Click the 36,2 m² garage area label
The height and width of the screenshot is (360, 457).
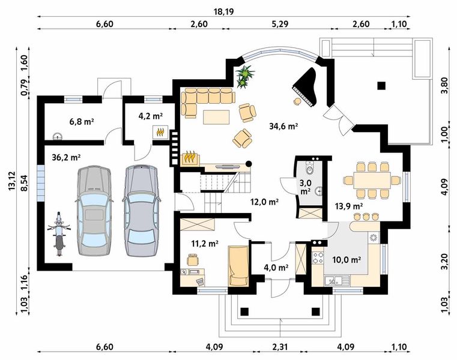coord(66,158)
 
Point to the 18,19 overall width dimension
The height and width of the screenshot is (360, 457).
coord(223,11)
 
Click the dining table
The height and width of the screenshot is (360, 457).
coord(372,181)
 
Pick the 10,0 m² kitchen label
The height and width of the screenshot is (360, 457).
coord(347,260)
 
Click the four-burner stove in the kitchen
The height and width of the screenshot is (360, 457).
coord(318,257)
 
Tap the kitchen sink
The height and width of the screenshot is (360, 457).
coord(334,281)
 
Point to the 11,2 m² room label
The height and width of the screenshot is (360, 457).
coord(205,243)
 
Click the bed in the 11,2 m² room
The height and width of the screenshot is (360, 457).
coord(238,266)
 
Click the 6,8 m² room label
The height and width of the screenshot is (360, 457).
coord(81,121)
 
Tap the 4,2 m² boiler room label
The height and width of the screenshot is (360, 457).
coord(150,116)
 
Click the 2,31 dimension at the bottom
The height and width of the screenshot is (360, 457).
coord(279,347)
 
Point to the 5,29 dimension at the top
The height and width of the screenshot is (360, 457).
coord(280,24)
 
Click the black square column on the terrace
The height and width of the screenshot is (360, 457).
coord(381,86)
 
